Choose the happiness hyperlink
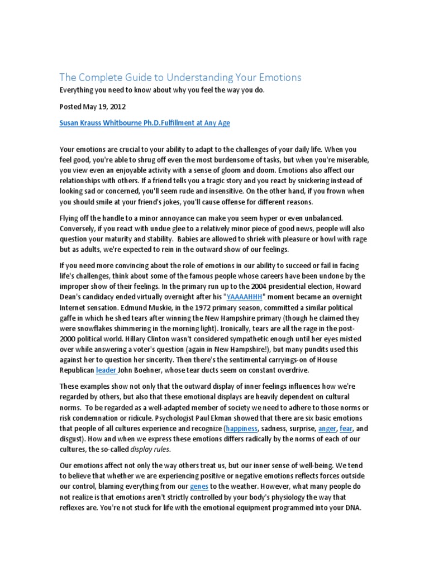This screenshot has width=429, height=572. tap(241, 429)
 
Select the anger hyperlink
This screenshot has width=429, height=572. tap(327, 429)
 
